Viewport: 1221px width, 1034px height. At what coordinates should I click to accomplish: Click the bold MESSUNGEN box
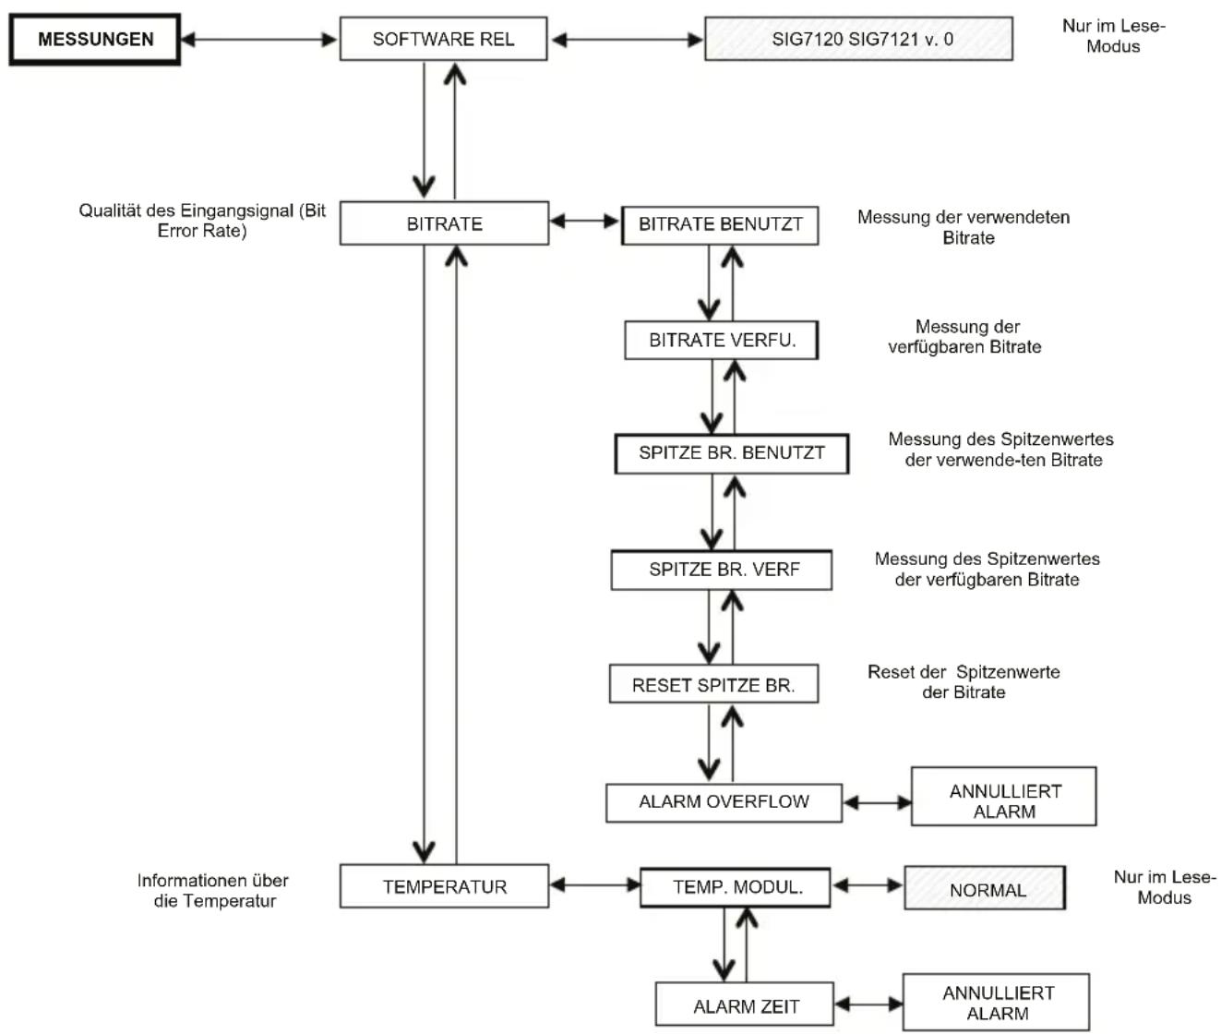[94, 39]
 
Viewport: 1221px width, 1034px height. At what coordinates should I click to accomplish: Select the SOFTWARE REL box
[443, 39]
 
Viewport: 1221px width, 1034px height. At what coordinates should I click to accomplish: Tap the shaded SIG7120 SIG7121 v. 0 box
[858, 39]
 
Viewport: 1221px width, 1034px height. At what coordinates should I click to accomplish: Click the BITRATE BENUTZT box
[720, 225]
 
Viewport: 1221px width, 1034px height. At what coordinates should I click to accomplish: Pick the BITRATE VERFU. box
[722, 340]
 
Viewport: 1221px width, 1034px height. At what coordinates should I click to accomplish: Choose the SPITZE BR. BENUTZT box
[731, 453]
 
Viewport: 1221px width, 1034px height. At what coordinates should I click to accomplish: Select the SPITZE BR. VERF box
[722, 570]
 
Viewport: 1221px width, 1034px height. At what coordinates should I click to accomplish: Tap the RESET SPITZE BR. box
[713, 683]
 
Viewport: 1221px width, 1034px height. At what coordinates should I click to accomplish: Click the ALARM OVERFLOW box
[724, 802]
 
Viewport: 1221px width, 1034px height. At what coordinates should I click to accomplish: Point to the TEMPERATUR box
[444, 885]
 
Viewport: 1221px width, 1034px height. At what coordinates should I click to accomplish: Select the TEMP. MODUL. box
[736, 887]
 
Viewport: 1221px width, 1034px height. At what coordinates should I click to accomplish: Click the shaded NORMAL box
[985, 888]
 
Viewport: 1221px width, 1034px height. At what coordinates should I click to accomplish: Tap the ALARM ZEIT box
[744, 1004]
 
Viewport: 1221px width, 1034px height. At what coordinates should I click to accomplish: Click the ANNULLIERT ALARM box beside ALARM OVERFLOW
[1003, 796]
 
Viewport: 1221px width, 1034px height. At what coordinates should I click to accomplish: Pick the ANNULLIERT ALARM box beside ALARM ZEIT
[996, 1002]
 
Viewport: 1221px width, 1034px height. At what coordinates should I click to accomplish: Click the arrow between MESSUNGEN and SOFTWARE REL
[258, 40]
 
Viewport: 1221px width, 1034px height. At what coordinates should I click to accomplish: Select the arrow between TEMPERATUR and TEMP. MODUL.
[595, 885]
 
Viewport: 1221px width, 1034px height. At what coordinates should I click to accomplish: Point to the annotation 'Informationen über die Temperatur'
[213, 890]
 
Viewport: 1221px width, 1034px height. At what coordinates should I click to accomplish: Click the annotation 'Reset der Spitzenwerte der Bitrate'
[964, 682]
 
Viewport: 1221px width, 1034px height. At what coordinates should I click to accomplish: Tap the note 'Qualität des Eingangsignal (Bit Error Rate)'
[202, 221]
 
